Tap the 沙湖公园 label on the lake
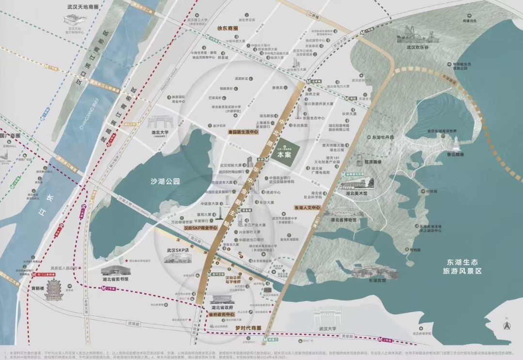coord(164,181)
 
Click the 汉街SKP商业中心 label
coord(201,227)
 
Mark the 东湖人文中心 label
coord(307,208)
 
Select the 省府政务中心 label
coord(222,315)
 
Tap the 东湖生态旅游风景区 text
coord(463,266)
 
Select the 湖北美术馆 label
coord(356,192)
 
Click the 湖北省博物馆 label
coord(343,220)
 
